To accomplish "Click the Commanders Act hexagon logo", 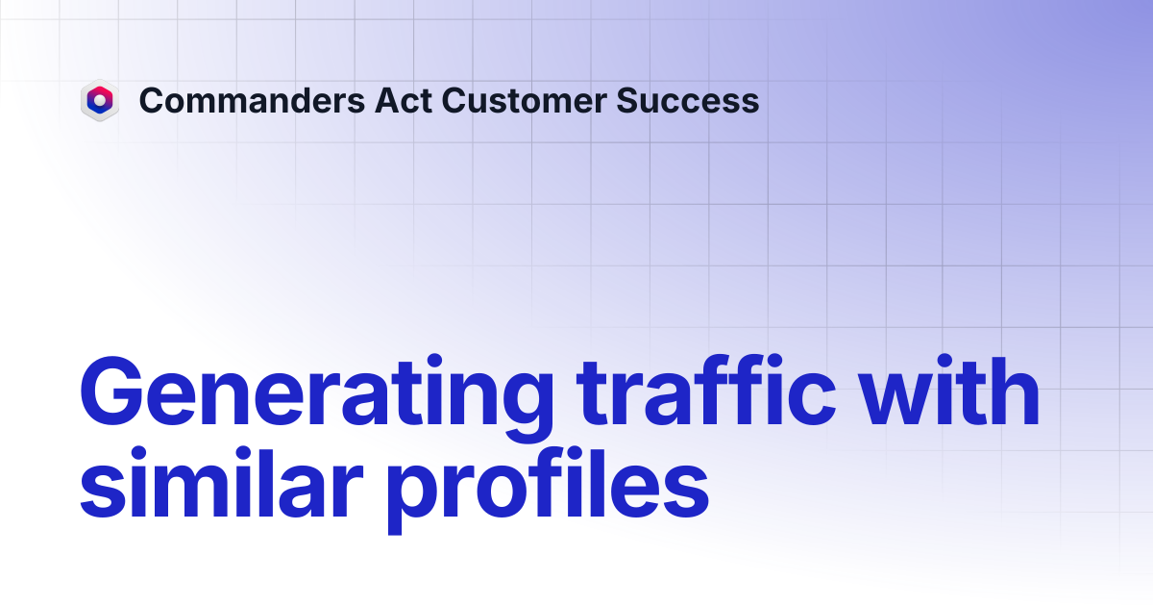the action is point(100,100).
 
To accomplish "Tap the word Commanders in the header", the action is point(252,100).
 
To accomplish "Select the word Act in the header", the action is point(403,100).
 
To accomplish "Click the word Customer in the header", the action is point(525,100).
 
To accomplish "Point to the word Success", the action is point(688,100).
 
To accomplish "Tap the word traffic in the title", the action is point(706,391).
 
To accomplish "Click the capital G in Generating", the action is point(111,391).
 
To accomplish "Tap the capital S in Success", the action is point(629,100).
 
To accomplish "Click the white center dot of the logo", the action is point(100,99).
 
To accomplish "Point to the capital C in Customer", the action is point(454,100).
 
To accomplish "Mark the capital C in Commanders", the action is point(153,100).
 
